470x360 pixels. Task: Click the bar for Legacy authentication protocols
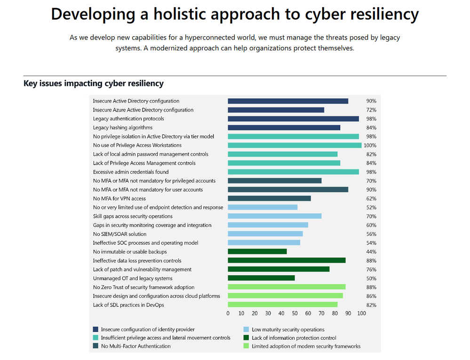[x=293, y=119]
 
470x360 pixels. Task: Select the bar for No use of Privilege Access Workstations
[x=295, y=145]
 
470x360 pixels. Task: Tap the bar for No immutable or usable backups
[x=257, y=252]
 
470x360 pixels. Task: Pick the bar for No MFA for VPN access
[x=269, y=199]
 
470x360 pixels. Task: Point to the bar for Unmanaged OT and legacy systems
[x=261, y=278]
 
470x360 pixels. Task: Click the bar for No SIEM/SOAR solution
[x=265, y=234]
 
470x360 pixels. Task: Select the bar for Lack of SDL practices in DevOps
[x=283, y=305]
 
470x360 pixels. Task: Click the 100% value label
[x=370, y=145]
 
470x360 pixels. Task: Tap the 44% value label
[x=371, y=252]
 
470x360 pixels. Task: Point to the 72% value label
[x=371, y=110]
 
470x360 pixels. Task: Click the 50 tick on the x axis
[x=295, y=313]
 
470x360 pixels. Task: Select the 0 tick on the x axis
[x=228, y=313]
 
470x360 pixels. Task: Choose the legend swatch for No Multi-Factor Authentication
[x=96, y=346]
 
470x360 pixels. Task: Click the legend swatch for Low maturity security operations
[x=246, y=329]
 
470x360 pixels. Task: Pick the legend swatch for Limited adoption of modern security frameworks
[x=246, y=346]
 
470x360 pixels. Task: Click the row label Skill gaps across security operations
[x=133, y=216]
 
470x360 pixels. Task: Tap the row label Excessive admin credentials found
[x=131, y=172]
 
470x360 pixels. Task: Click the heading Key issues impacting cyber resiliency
[x=94, y=84]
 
